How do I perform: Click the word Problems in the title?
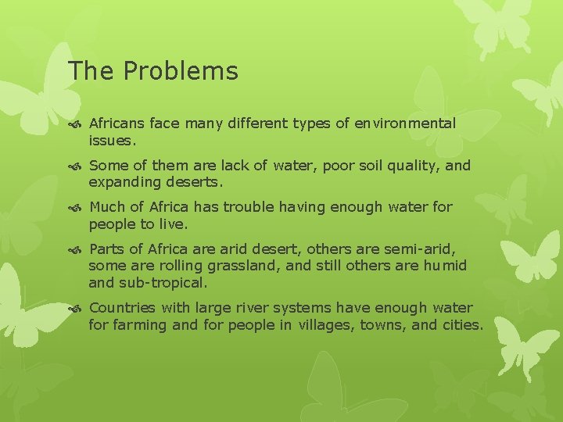[180, 72]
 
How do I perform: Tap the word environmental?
[404, 123]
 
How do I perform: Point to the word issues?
[111, 141]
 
